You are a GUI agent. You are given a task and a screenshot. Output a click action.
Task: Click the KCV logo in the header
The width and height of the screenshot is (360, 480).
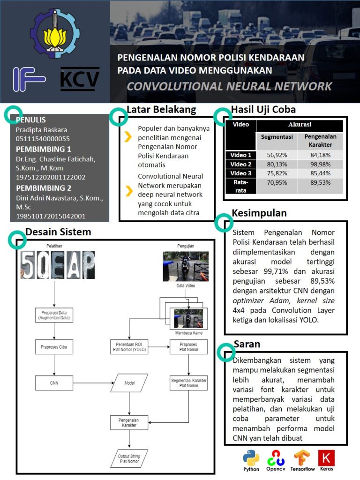[80, 79]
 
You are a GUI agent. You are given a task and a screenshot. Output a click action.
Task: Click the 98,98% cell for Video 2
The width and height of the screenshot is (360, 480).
[321, 164]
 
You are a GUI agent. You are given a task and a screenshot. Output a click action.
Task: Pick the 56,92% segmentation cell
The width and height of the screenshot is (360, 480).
[276, 155]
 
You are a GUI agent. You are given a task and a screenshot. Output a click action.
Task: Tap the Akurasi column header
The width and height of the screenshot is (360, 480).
[299, 125]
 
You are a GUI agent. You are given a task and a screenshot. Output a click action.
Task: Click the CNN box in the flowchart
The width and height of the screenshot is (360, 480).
[54, 383]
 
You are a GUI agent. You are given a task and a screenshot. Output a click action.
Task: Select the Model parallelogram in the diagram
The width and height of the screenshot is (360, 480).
[129, 383]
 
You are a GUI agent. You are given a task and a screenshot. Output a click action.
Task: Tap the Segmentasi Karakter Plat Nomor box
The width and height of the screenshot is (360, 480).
[188, 382]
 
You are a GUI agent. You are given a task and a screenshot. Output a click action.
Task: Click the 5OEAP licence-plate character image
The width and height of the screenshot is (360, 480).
[57, 265]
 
